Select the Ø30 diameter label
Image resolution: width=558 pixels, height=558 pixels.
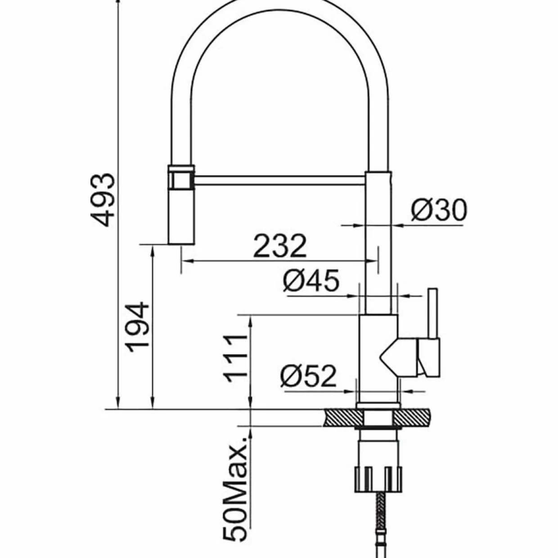coord(439,210)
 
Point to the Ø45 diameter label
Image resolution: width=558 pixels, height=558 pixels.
coord(310,280)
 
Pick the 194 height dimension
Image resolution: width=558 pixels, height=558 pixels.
coord(137,327)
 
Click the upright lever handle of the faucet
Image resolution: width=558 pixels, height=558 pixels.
coord(432,313)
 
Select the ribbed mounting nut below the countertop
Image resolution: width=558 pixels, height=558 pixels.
coord(378,479)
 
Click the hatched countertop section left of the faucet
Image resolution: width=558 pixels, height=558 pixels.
coord(344,418)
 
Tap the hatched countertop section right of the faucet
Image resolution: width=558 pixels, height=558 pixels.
coord(412,418)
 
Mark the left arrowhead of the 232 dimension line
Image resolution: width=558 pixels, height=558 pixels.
coord(187,261)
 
